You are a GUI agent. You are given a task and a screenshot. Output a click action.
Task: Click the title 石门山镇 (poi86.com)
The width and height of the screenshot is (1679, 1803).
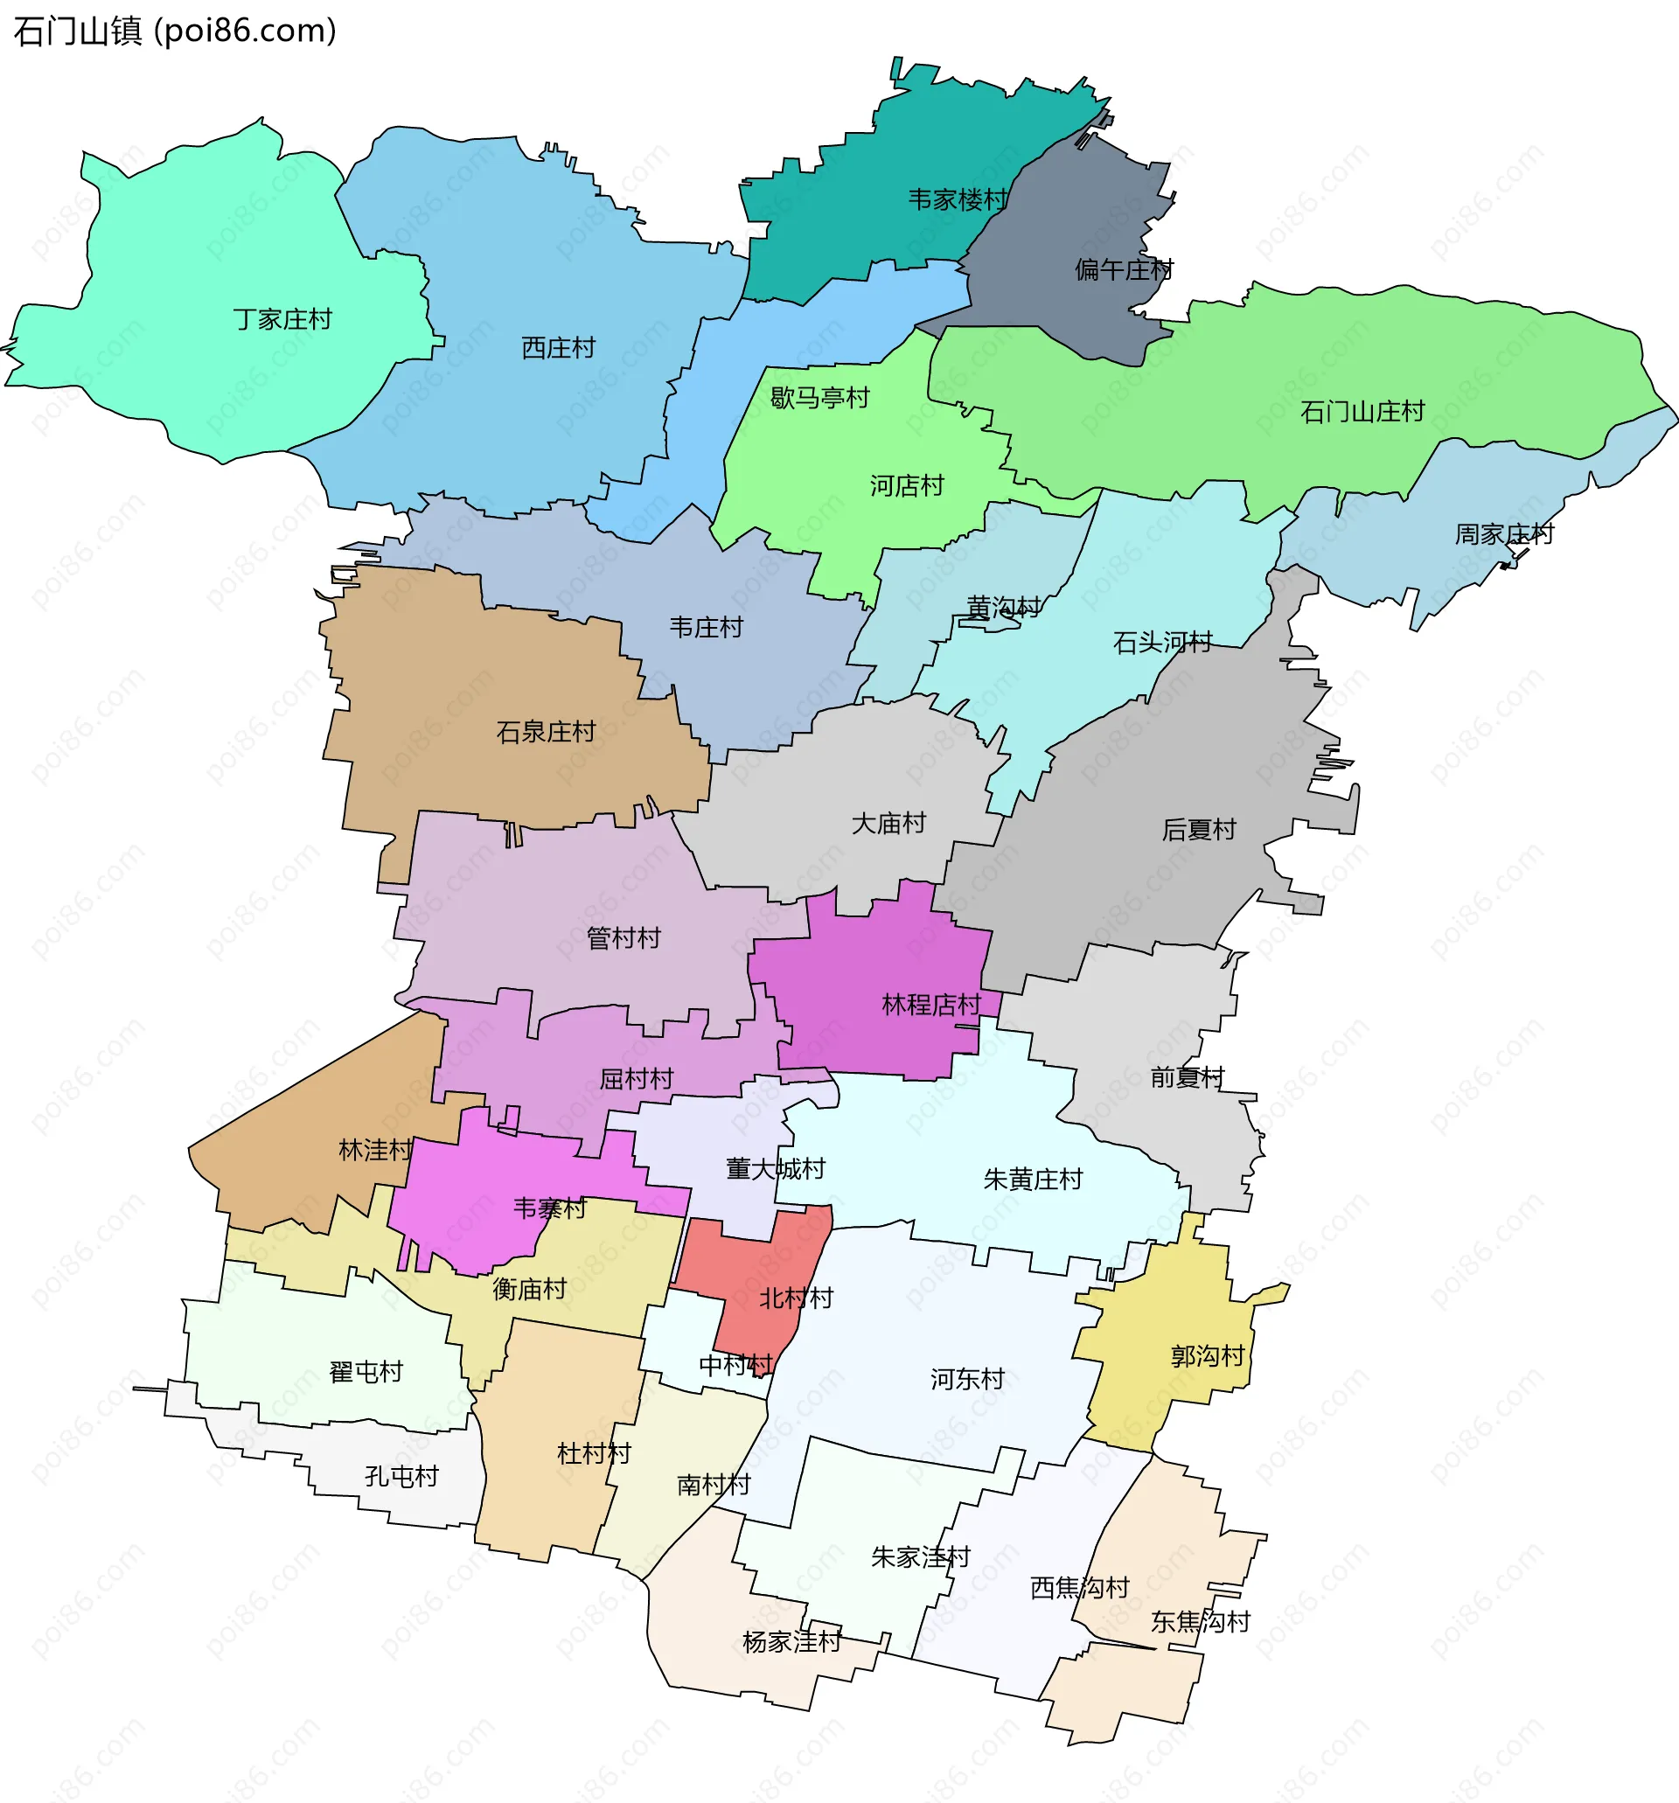[x=175, y=31]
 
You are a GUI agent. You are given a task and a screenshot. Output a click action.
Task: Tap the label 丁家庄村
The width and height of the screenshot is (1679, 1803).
[x=282, y=319]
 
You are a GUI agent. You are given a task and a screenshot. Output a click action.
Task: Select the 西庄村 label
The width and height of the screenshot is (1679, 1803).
[x=558, y=348]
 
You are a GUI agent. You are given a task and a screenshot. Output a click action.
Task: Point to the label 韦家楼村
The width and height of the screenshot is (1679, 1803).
[x=958, y=199]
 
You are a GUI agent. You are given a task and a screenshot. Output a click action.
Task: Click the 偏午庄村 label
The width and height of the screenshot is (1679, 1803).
[x=1124, y=269]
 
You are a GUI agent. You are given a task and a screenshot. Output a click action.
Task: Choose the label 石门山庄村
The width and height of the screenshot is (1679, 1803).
[x=1362, y=412]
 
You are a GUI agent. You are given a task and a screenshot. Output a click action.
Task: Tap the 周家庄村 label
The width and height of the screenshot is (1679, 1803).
[x=1504, y=534]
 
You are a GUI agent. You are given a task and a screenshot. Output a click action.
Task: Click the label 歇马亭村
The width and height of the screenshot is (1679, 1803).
[x=819, y=398]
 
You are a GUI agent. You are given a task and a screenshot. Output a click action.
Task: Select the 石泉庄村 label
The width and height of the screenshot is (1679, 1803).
[x=545, y=732]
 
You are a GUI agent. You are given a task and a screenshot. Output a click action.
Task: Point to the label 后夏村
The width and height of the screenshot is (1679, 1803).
[x=1198, y=830]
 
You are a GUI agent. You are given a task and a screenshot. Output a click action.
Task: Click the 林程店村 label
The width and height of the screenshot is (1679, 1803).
[x=930, y=1005]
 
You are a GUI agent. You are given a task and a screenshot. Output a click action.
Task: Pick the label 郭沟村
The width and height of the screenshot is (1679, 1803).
[x=1207, y=1356]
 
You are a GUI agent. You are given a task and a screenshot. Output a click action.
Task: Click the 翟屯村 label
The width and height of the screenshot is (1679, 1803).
[x=366, y=1372]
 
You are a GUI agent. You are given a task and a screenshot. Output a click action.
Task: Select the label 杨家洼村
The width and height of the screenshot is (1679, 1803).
[x=792, y=1641]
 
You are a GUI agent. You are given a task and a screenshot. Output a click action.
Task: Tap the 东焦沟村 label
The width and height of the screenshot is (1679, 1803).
[x=1200, y=1622]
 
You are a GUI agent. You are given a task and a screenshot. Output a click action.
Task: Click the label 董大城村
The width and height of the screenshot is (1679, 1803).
[x=776, y=1169]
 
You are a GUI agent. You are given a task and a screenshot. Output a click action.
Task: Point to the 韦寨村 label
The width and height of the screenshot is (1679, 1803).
[x=550, y=1208]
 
